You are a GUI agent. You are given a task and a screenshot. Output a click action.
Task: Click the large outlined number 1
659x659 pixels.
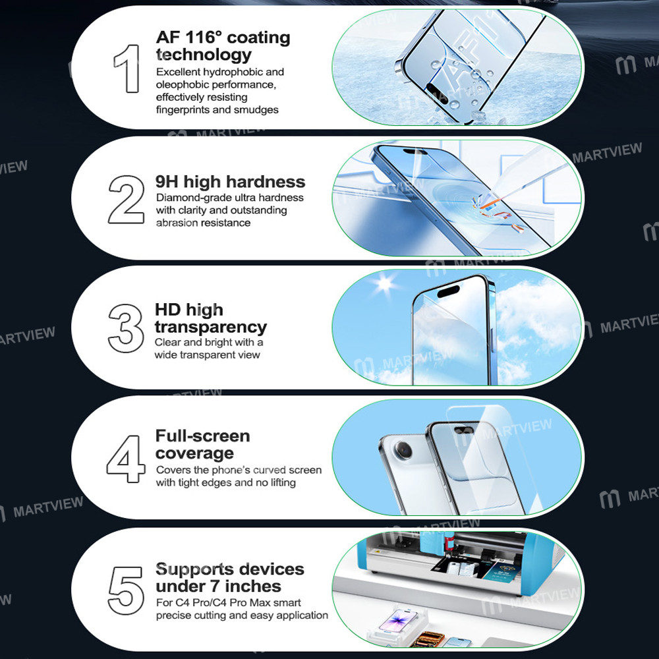(126, 69)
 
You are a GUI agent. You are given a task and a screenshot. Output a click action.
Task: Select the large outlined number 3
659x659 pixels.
(127, 327)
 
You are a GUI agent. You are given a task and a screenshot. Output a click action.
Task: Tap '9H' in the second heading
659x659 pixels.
(167, 182)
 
